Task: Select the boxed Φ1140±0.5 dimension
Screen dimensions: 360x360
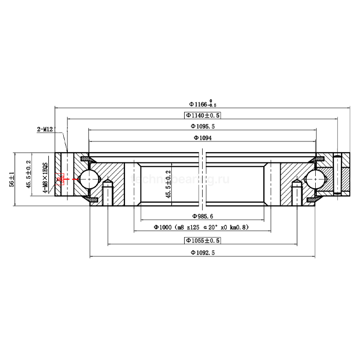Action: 202,116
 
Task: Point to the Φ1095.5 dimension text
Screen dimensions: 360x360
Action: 202,127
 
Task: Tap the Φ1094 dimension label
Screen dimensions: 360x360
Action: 203,138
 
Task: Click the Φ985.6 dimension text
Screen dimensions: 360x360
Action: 202,217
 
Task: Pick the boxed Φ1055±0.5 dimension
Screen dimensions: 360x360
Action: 202,240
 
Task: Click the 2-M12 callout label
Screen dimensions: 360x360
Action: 45,130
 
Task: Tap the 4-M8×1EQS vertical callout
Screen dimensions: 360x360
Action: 45,177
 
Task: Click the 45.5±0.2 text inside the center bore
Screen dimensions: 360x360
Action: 168,184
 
